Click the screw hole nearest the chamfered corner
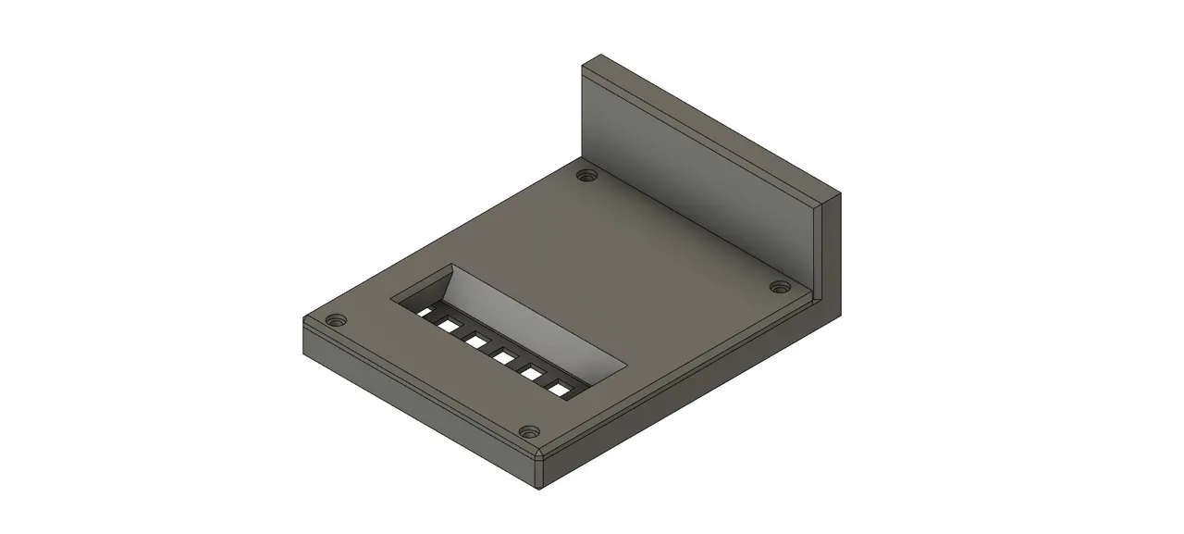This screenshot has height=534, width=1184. tap(528, 431)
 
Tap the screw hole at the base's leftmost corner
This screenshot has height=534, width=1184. tap(336, 320)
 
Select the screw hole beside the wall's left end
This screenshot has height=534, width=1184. tap(584, 174)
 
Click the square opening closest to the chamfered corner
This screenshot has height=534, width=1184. tap(561, 389)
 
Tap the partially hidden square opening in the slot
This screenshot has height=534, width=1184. tap(424, 313)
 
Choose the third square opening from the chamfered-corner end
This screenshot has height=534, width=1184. tap(504, 358)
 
